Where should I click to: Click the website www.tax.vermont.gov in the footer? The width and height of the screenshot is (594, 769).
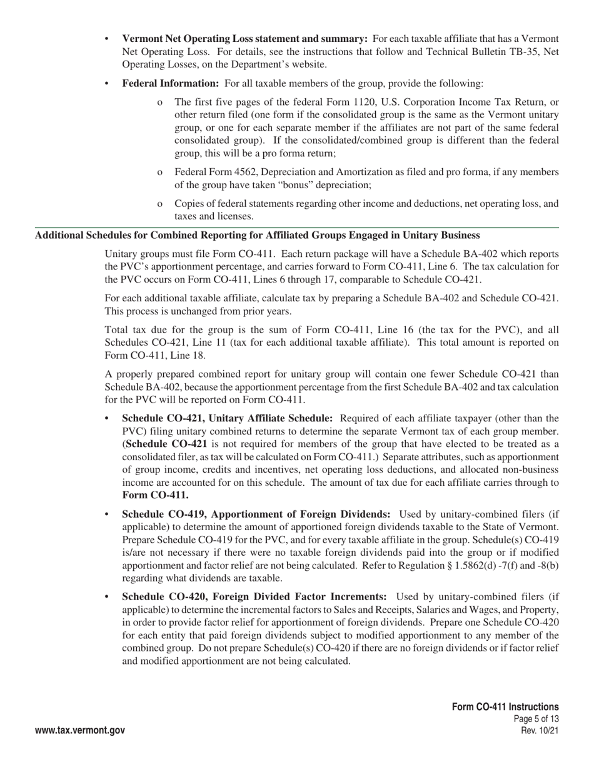(x=80, y=730)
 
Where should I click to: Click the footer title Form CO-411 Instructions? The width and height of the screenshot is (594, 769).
(x=505, y=706)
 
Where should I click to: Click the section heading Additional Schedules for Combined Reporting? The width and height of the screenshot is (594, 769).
(x=257, y=235)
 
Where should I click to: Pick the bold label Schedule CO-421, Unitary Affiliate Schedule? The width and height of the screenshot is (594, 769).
(x=227, y=418)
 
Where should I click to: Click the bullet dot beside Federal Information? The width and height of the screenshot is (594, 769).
(x=107, y=84)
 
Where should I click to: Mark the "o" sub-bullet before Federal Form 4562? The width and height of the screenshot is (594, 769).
(x=160, y=172)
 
